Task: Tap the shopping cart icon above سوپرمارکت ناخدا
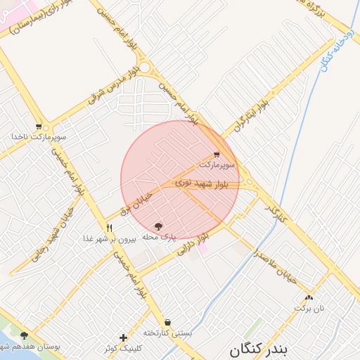coord(38,127)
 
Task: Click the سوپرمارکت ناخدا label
coord(38,136)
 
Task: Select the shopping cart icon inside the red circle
coord(216,154)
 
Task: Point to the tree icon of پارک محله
coord(159,226)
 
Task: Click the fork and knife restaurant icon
coord(109,227)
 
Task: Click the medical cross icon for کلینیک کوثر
coord(124,337)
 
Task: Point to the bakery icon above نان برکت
coord(309,297)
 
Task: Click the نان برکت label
coord(310,308)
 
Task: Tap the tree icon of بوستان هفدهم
coord(25,335)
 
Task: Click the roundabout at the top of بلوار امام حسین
coord(146,68)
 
